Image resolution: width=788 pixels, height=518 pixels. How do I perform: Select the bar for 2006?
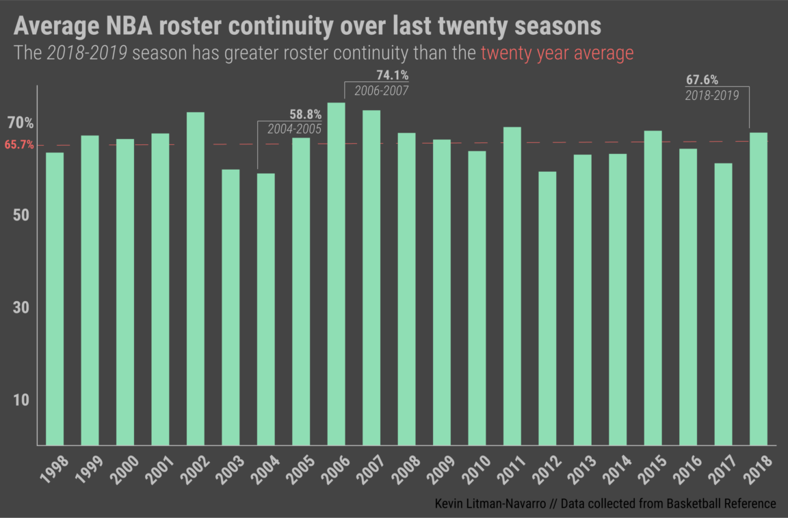[x=336, y=274]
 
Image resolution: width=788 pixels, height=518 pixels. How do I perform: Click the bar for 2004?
[x=265, y=309]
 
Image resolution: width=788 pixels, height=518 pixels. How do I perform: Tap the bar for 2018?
[x=759, y=288]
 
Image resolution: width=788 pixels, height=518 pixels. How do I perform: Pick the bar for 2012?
[x=547, y=308]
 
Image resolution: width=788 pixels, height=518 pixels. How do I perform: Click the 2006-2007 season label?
[x=381, y=91]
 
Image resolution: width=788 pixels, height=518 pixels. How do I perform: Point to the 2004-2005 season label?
[x=294, y=129]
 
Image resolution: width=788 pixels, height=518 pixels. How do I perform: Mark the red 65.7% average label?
[x=19, y=145]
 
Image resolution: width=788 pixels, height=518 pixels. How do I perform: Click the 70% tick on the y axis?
[x=20, y=123]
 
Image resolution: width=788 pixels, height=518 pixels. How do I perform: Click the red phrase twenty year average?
[x=557, y=53]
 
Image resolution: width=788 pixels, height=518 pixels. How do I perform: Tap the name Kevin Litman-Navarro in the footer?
[x=489, y=504]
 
